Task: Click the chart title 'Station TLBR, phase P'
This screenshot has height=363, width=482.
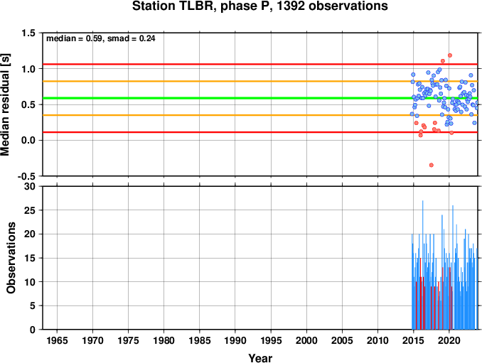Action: [203, 6]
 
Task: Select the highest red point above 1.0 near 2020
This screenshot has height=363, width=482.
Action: [450, 55]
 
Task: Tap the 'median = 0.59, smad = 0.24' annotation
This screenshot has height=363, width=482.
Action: [100, 38]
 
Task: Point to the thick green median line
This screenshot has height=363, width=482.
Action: [260, 98]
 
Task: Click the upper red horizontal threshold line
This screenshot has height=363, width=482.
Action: [260, 64]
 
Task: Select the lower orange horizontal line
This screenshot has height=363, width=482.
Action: [260, 115]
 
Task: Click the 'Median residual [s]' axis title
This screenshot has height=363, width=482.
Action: [6, 104]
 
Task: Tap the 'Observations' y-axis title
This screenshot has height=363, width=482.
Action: [11, 258]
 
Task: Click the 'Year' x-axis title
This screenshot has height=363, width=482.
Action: [260, 358]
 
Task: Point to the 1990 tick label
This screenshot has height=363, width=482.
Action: [235, 340]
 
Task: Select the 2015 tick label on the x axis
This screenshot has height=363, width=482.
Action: [414, 340]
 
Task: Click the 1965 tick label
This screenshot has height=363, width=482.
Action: [57, 340]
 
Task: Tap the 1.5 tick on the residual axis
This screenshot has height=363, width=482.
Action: [28, 33]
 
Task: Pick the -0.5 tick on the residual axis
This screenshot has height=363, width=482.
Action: [26, 176]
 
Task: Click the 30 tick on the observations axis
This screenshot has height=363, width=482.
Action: [30, 186]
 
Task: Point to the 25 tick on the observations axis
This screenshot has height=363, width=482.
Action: [30, 210]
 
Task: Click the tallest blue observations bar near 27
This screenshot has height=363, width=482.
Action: [423, 265]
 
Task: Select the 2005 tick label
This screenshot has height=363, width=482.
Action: [342, 340]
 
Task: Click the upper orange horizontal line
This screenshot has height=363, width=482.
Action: [260, 81]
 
